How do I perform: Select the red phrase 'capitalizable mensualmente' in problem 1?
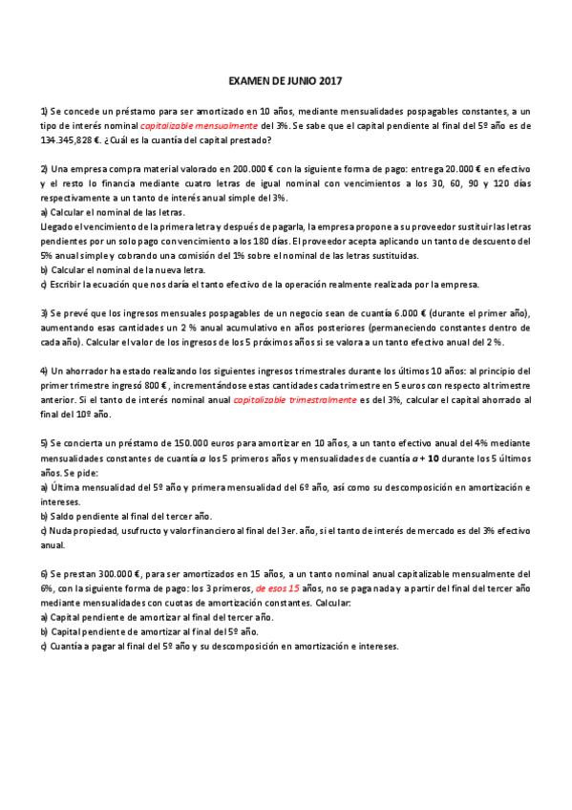point(198,126)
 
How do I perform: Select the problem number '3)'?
point(45,313)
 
